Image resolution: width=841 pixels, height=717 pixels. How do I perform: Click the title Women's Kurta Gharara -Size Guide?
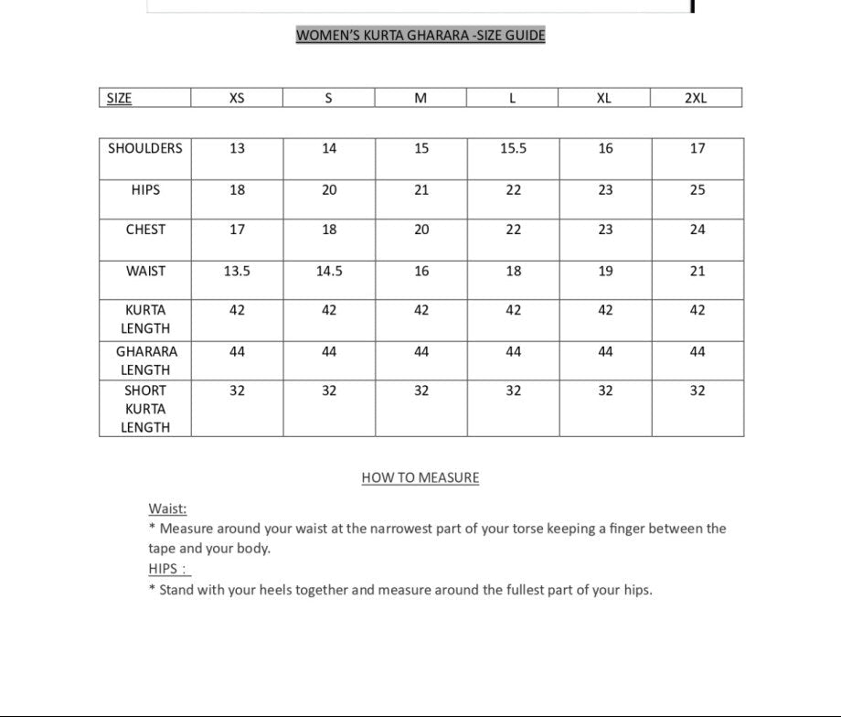pyautogui.click(x=420, y=36)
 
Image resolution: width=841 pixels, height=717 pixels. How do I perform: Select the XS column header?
pyautogui.click(x=237, y=99)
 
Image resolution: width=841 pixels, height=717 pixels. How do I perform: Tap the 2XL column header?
pyautogui.click(x=696, y=99)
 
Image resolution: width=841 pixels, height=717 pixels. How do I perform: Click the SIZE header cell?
pyautogui.click(x=119, y=99)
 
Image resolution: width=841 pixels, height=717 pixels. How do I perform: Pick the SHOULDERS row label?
pyautogui.click(x=145, y=148)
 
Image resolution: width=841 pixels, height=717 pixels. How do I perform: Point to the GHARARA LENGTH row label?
pyautogui.click(x=145, y=360)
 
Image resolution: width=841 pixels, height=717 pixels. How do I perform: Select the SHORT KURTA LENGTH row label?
pyautogui.click(x=145, y=409)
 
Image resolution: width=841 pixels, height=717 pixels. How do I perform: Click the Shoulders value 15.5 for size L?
pyautogui.click(x=514, y=148)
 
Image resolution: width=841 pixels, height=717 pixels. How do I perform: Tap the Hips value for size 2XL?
pyautogui.click(x=697, y=190)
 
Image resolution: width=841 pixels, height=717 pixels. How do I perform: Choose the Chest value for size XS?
pyautogui.click(x=237, y=230)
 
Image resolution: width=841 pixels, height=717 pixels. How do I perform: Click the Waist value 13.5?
pyautogui.click(x=237, y=271)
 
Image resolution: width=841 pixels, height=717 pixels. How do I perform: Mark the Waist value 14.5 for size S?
pyautogui.click(x=329, y=271)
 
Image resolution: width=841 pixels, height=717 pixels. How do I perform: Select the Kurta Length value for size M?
pyautogui.click(x=421, y=310)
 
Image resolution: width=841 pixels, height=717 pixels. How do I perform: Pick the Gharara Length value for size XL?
pyautogui.click(x=605, y=351)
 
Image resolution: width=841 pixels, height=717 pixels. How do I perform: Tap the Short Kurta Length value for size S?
pyautogui.click(x=329, y=391)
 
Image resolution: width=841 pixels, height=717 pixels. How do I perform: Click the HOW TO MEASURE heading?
pyautogui.click(x=420, y=477)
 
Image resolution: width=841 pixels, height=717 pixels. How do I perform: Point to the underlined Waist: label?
pyautogui.click(x=167, y=508)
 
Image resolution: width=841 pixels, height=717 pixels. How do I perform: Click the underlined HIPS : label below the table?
pyautogui.click(x=168, y=569)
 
